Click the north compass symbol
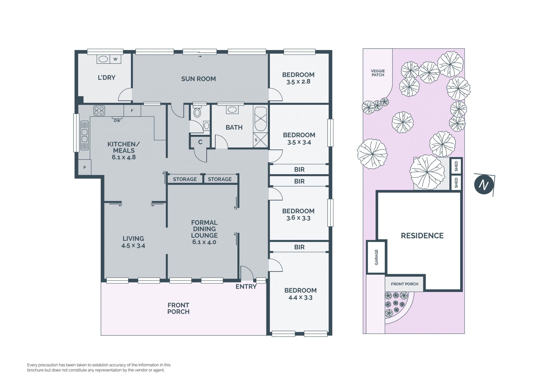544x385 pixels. coord(484,184)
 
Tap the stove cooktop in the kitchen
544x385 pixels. coord(99,110)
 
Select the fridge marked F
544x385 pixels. coord(132,111)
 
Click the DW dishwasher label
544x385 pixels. coord(117,121)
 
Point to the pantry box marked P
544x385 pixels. coord(84,167)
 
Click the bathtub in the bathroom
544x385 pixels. coord(260,119)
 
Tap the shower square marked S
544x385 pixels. coord(260,140)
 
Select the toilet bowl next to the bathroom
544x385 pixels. coord(197,112)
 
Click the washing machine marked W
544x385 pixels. coord(115,59)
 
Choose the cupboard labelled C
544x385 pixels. coord(200,142)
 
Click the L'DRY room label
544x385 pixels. coord(107,77)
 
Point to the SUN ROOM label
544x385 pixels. coord(198,79)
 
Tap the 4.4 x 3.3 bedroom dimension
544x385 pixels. coord(300,298)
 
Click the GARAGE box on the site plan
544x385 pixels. coord(376,257)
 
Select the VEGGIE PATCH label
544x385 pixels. coord(378,73)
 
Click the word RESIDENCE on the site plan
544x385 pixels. coord(422,235)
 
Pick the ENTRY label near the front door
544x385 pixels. coord(246,287)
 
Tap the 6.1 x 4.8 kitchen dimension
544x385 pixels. coord(124,157)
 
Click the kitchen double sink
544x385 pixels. coord(84,135)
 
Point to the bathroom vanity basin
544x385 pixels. coord(232,110)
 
